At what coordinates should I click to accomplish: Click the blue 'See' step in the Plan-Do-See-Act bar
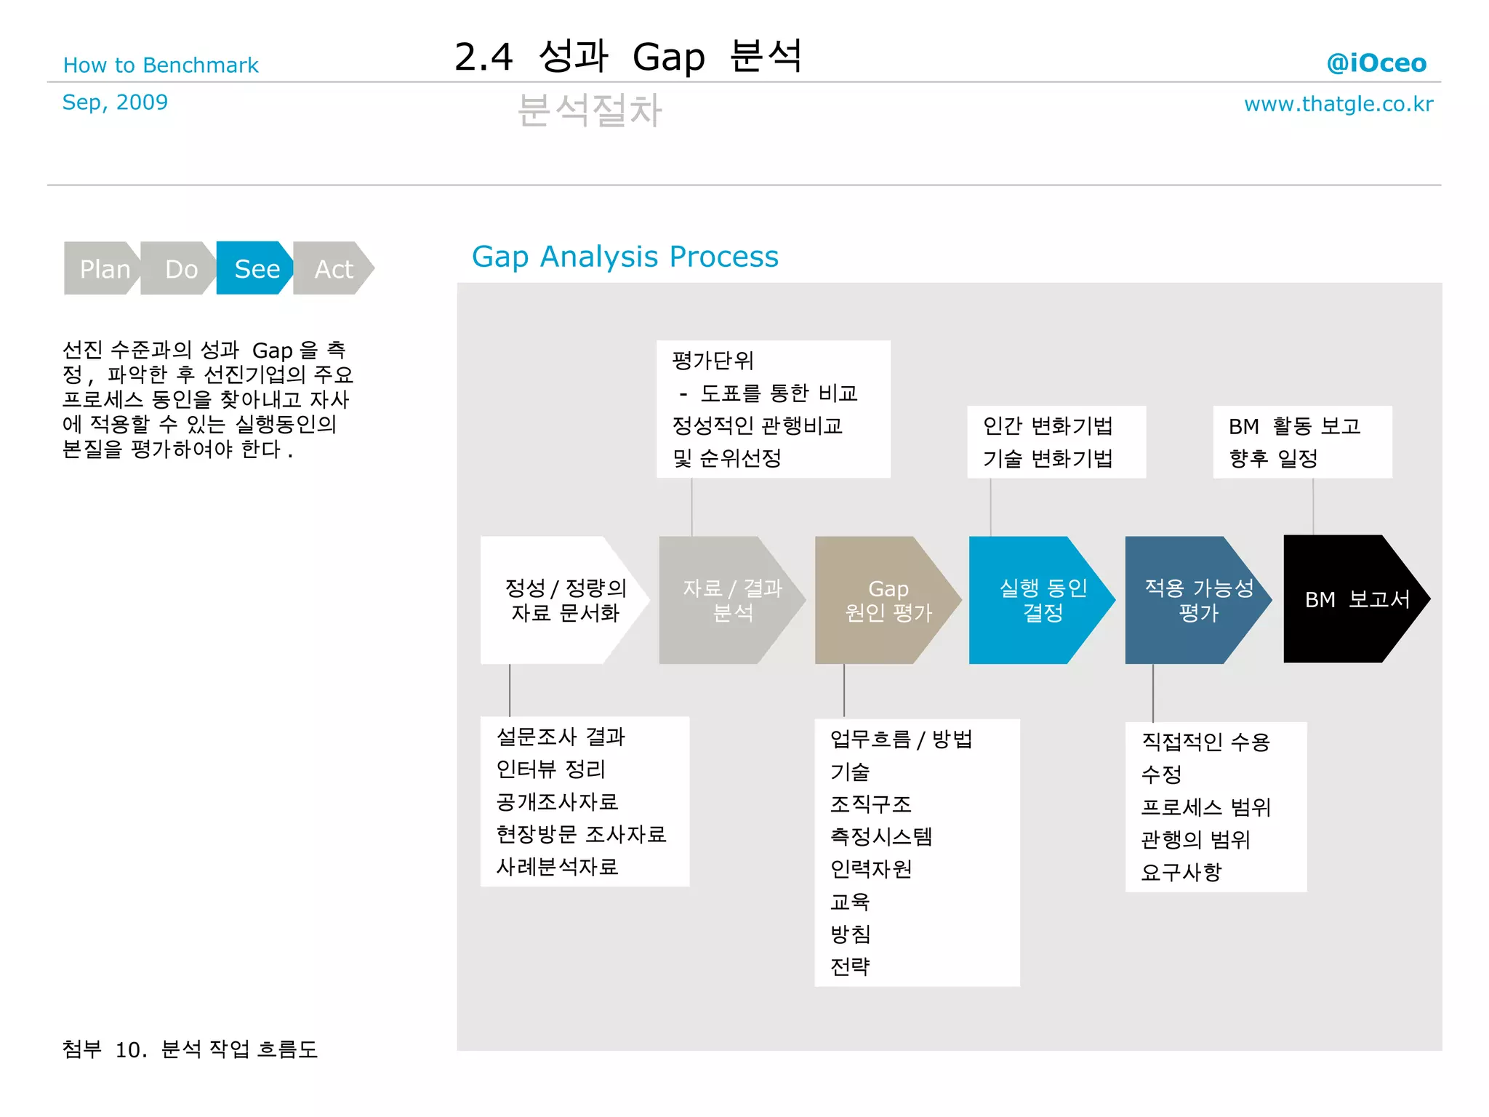point(256,268)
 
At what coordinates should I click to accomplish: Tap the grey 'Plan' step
point(104,268)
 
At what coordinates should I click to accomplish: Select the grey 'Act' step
point(334,268)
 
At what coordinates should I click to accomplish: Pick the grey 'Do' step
point(180,268)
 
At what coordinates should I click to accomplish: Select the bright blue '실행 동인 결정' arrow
point(1042,600)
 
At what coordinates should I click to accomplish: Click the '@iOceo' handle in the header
point(1376,63)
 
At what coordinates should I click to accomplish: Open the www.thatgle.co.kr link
point(1338,104)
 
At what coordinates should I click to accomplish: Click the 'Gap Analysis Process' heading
point(625,257)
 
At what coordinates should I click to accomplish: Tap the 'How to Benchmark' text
point(161,65)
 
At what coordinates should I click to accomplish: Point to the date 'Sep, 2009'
point(115,103)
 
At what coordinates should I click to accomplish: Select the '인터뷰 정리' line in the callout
point(550,769)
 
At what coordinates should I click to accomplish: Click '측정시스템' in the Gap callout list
point(880,836)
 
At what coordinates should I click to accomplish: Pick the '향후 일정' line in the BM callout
point(1273,458)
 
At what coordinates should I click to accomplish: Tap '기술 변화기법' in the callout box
point(1047,458)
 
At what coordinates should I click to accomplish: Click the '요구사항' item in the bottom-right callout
point(1181,871)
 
